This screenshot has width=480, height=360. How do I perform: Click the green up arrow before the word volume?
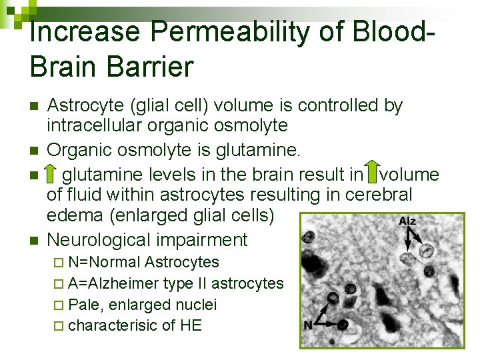pos(372,173)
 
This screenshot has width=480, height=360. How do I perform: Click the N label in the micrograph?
pos(308,325)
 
